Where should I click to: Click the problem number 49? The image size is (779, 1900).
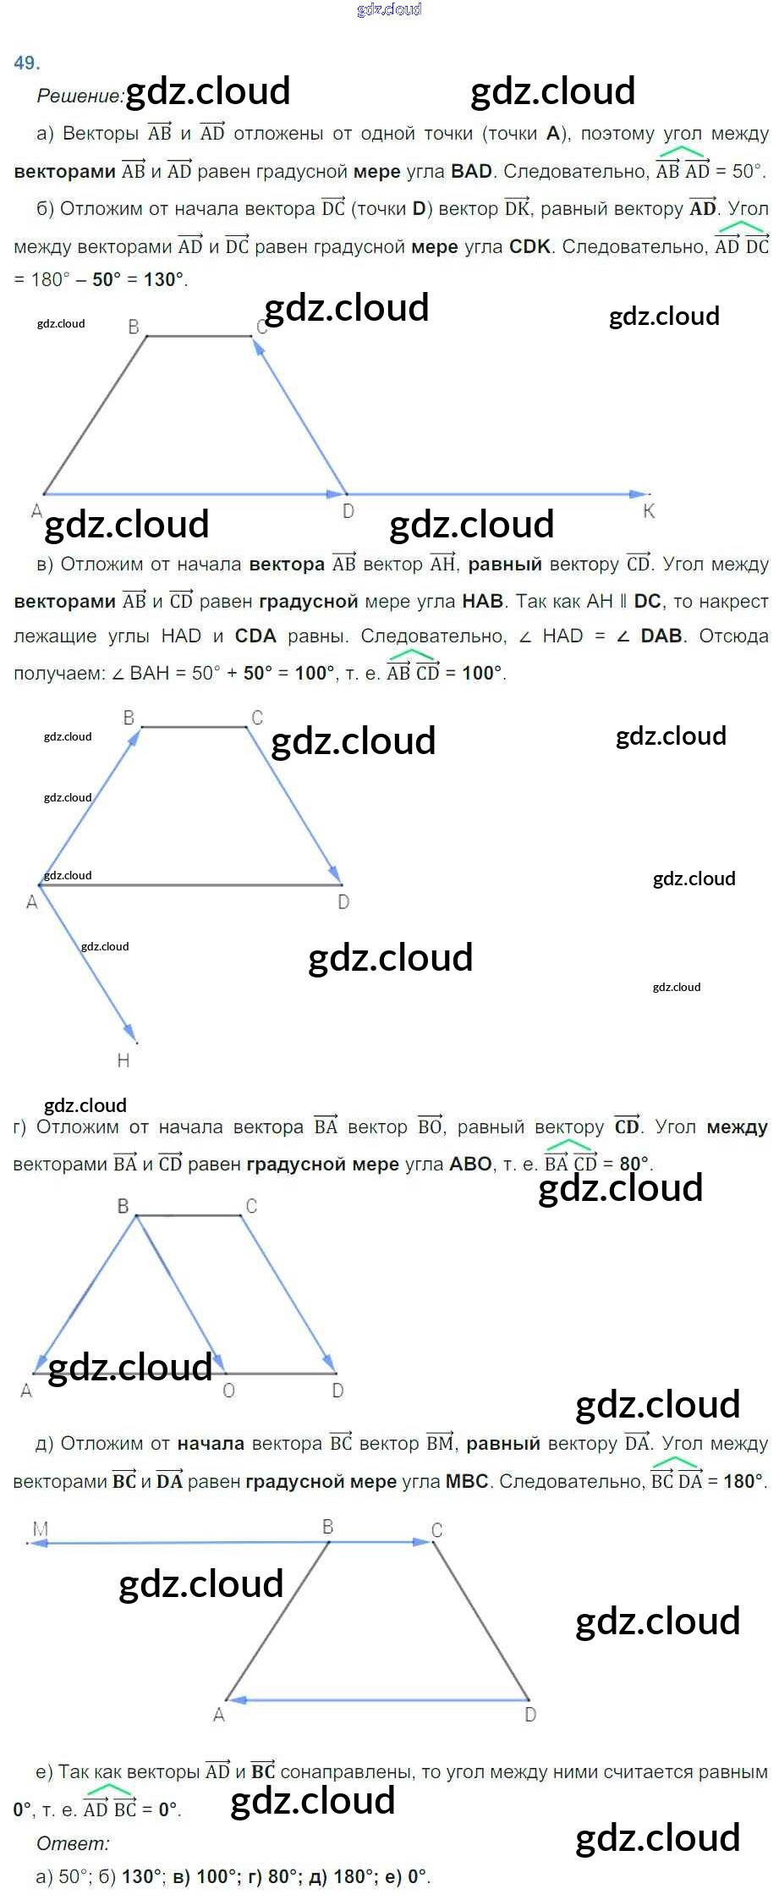pos(26,63)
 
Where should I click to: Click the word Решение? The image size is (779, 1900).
pos(80,96)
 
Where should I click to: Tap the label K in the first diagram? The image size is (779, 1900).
pos(649,510)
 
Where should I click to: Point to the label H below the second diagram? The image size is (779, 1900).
pos(123,1060)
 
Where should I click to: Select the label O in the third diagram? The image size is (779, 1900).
pos(228,1391)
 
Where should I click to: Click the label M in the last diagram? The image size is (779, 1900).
pos(40,1528)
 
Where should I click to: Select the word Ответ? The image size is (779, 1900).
pos(73,1843)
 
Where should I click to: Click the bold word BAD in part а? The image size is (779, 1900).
pos(471,171)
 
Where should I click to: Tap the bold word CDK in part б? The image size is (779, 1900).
pos(530,246)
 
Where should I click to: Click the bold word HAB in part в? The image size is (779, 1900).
pos(483,601)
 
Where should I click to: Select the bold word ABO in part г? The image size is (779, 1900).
pos(471,1164)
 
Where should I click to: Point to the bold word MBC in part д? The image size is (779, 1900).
pos(467,1481)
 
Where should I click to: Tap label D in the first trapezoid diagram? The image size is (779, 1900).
pos(348,511)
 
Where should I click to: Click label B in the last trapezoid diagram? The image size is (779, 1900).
pos(328,1526)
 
